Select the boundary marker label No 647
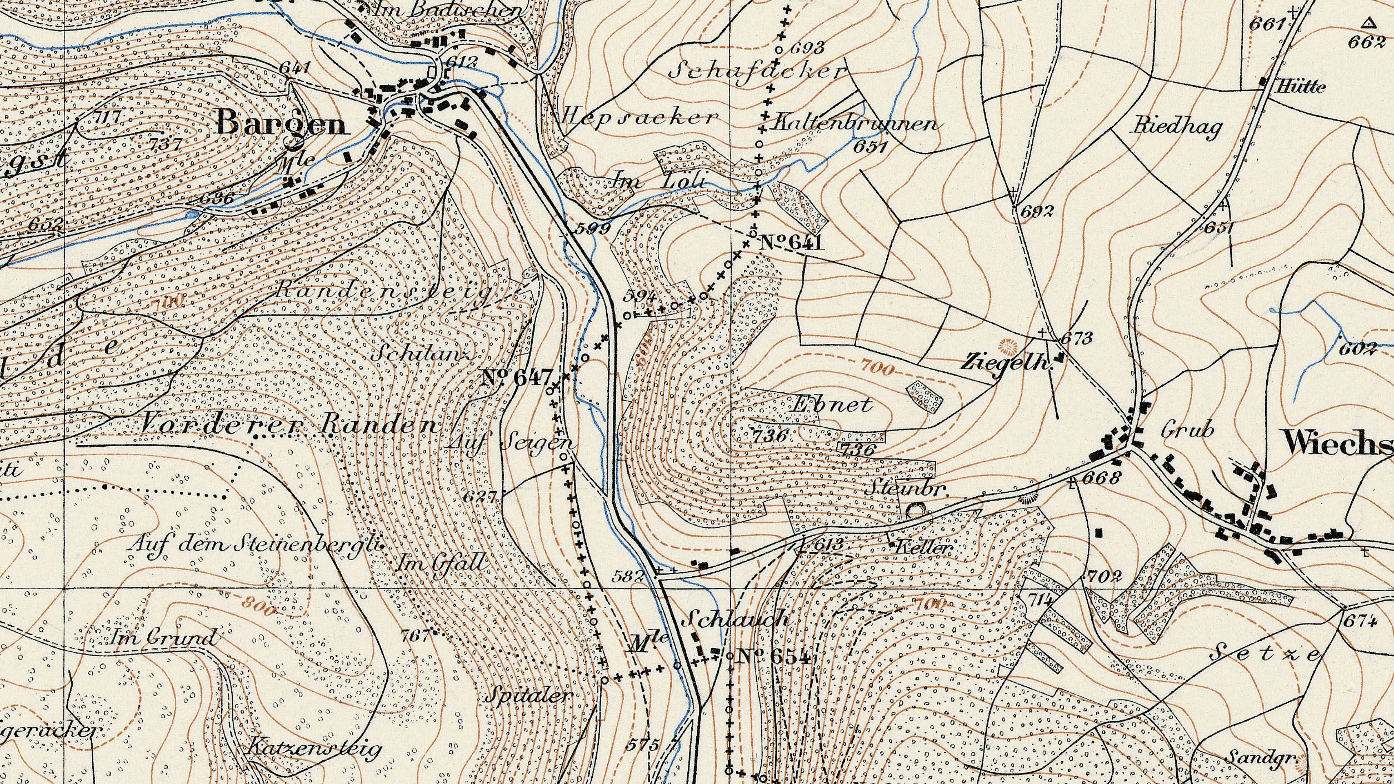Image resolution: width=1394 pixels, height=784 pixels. tap(518, 378)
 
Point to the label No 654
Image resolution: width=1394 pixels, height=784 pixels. tap(773, 657)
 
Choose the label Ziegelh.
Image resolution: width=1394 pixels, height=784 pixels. tap(1007, 363)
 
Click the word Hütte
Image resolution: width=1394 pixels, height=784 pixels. tap(1301, 87)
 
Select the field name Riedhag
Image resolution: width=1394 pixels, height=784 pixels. tap(1177, 128)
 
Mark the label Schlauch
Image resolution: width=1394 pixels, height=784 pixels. tap(738, 618)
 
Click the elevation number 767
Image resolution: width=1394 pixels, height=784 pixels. tap(416, 635)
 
